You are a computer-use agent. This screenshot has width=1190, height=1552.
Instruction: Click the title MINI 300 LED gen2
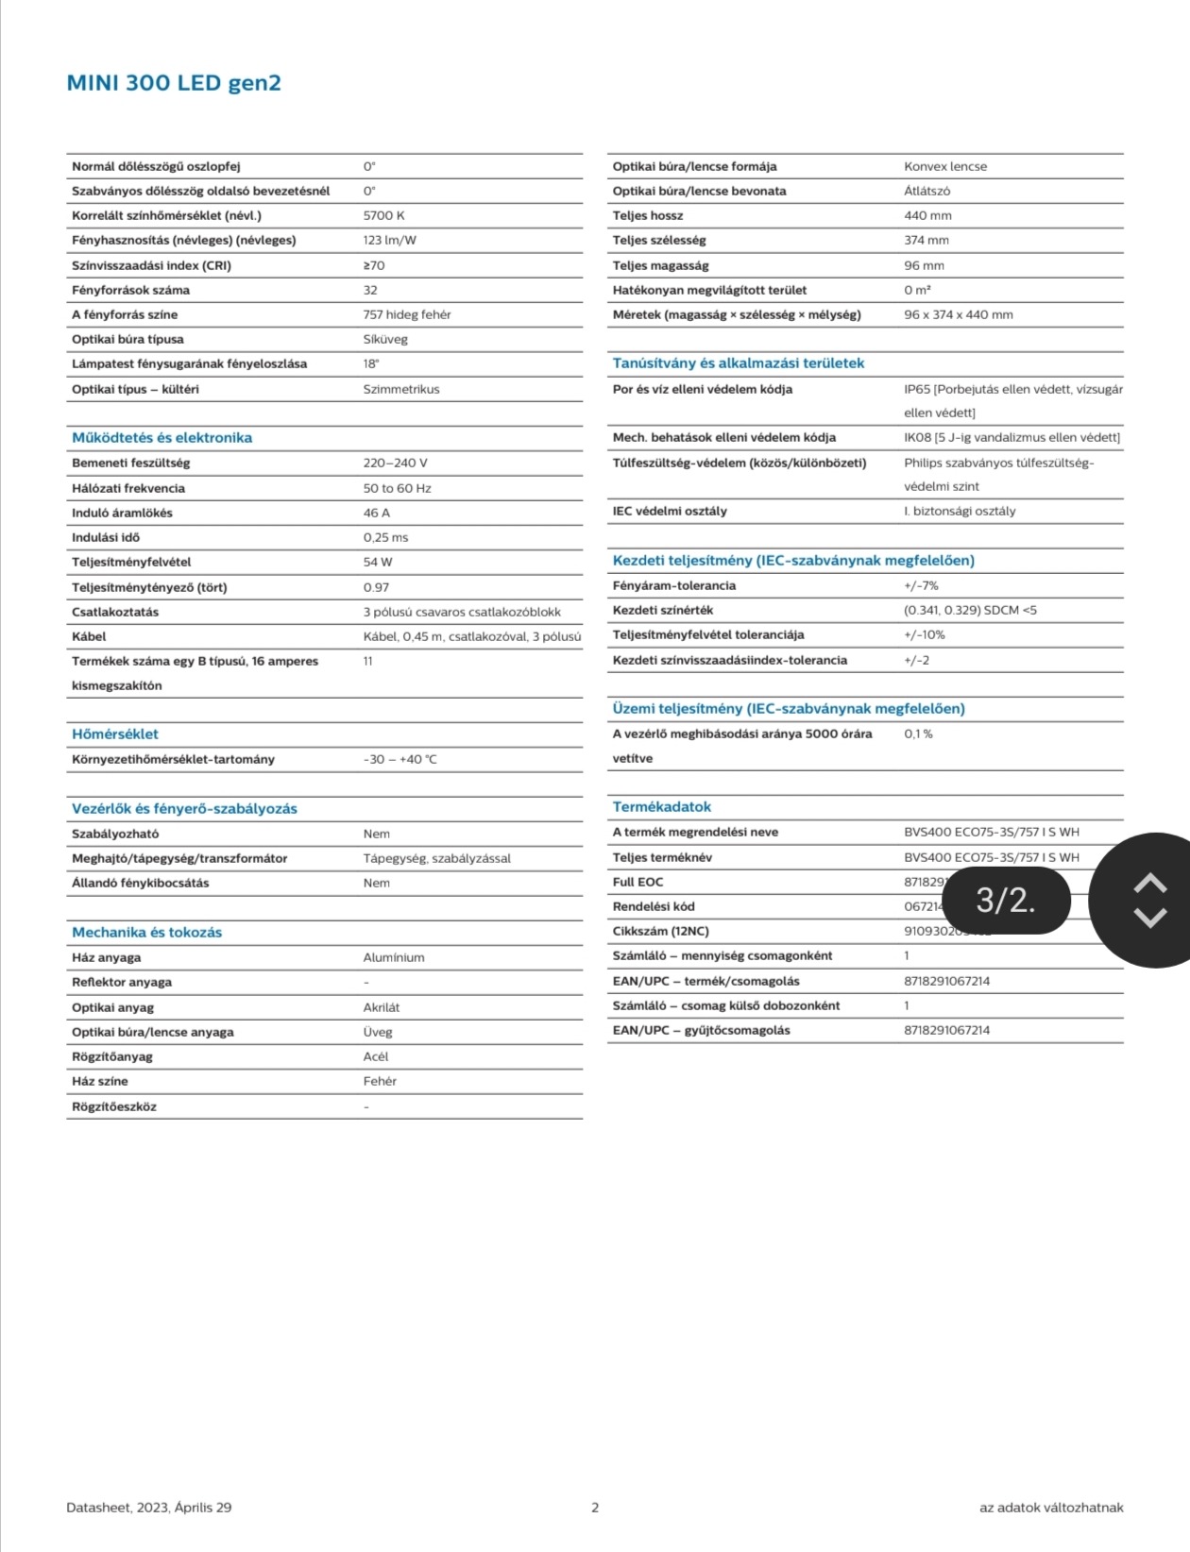point(174,83)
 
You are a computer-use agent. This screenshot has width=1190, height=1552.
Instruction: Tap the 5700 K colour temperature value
point(383,215)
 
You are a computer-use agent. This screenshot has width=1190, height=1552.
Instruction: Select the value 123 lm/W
point(389,240)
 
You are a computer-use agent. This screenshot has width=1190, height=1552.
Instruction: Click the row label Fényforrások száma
point(130,290)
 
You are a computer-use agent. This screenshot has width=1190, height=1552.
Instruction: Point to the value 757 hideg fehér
point(407,314)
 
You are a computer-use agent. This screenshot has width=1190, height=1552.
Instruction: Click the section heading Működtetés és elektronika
point(161,438)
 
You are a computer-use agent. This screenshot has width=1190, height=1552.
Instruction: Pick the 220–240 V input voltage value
point(395,463)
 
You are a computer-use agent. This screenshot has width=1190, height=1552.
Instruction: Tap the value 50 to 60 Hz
point(397,488)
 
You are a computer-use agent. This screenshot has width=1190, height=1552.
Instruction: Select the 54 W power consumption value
point(377,562)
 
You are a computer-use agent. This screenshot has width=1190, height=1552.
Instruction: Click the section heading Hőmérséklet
point(115,734)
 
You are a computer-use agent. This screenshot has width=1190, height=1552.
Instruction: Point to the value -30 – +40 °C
point(399,759)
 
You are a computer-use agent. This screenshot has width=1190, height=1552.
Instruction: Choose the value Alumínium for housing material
point(394,957)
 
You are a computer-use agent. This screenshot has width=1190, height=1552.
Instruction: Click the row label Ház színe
point(100,1081)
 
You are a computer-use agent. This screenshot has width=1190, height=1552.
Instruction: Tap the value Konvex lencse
point(945,166)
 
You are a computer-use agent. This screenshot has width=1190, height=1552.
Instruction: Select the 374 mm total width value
point(926,240)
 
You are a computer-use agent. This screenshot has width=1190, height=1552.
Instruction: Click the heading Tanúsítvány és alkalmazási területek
point(739,363)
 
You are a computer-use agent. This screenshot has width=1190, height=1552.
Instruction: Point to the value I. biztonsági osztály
point(960,511)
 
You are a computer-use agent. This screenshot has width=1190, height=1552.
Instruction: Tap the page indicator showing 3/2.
point(1006,901)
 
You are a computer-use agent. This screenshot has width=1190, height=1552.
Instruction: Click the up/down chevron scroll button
point(1149,901)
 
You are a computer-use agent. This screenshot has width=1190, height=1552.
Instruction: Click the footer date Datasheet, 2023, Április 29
point(149,1508)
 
